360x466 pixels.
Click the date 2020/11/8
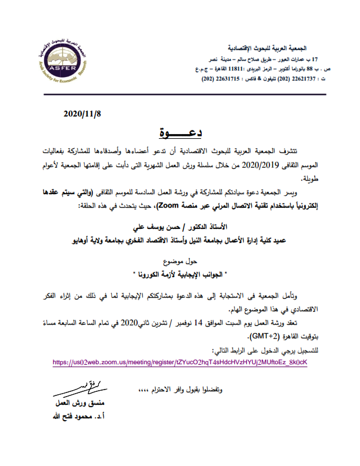point(82,114)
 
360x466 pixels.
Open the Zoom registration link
point(179,362)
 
